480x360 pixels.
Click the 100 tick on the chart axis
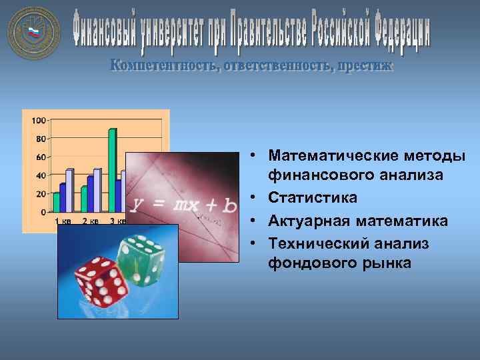coord(38,121)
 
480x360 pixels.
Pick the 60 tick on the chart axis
coord(40,157)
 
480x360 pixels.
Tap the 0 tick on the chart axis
coord(43,212)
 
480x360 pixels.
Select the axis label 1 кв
coord(63,221)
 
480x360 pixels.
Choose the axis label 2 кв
coord(91,221)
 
